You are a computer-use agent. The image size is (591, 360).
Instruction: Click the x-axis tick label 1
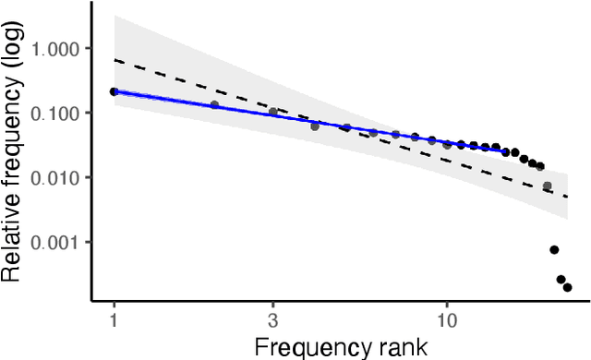coord(114,320)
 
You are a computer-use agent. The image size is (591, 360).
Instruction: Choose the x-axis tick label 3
coord(272,320)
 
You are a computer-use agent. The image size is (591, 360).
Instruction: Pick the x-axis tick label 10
coord(447,320)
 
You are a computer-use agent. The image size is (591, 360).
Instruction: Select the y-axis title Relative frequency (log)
coord(13,151)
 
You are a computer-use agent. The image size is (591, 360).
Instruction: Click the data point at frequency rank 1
coord(114,91)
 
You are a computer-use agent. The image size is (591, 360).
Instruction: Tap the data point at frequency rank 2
coord(214,105)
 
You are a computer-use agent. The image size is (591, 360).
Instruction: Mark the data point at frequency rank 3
coord(272,113)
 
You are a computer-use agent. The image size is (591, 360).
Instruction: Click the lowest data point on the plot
coord(568,287)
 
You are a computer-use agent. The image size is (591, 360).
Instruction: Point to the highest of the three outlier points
coord(554,249)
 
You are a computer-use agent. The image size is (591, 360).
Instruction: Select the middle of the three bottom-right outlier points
coord(561,279)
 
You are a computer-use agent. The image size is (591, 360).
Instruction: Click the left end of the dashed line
coord(114,59)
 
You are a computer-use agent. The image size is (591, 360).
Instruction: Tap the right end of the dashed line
coord(568,197)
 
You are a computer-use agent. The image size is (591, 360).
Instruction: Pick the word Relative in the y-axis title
coord(13,248)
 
